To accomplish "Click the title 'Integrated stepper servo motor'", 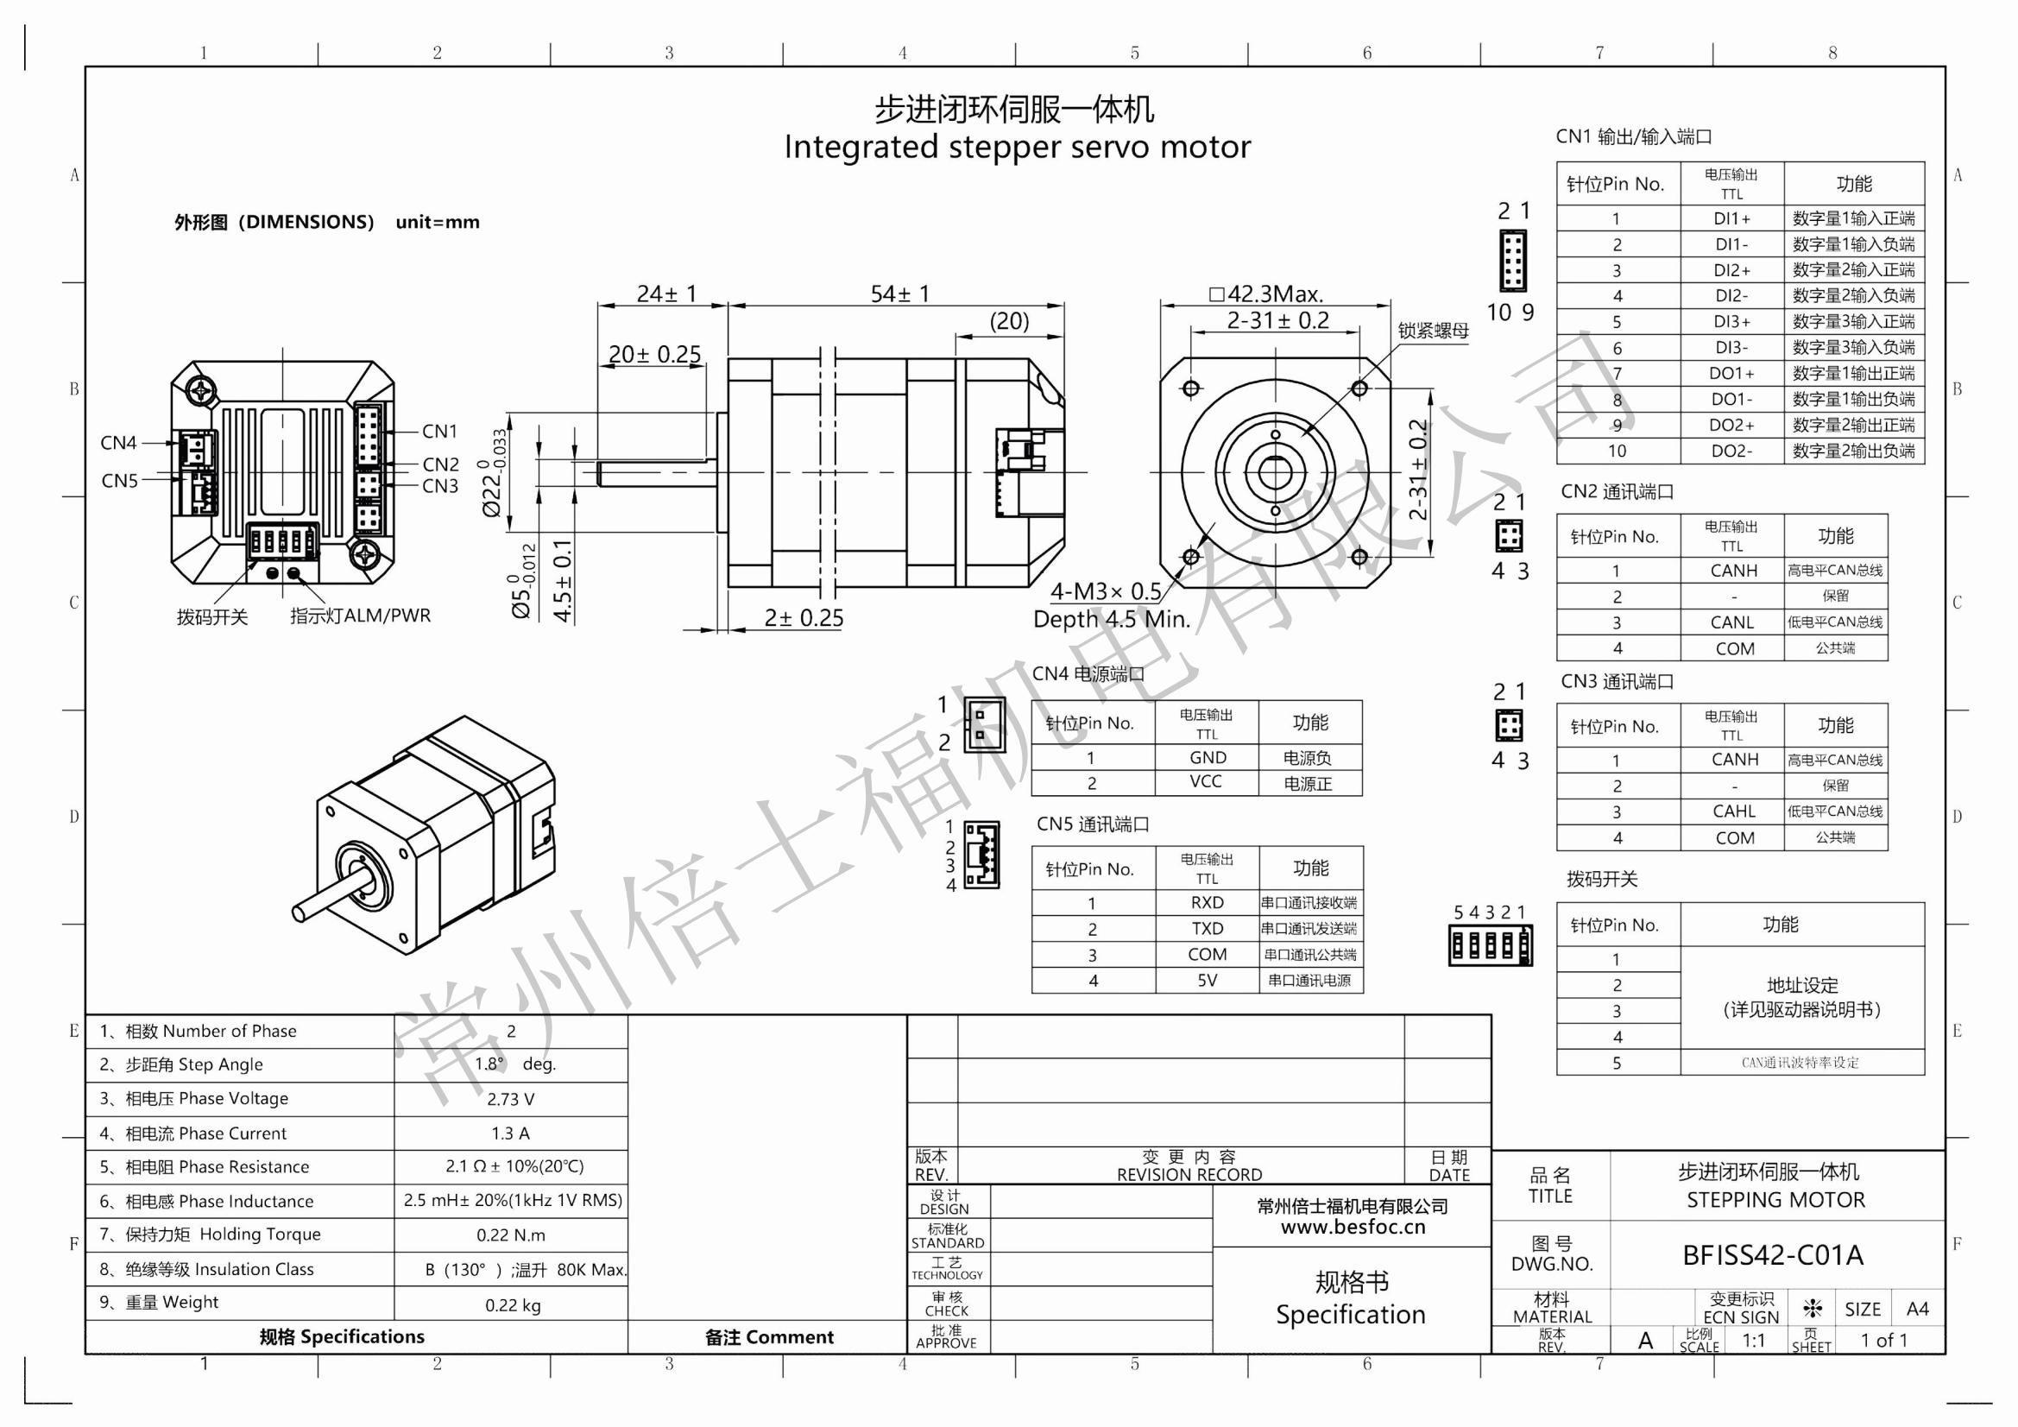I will pyautogui.click(x=1017, y=147).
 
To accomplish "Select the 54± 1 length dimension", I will pyautogui.click(x=899, y=294).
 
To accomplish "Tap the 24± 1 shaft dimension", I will pyautogui.click(x=666, y=294).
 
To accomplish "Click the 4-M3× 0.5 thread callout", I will pyautogui.click(x=1106, y=591).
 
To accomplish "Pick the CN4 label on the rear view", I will pyautogui.click(x=118, y=443).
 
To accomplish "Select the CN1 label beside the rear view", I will pyautogui.click(x=439, y=432).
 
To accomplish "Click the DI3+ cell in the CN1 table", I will pyautogui.click(x=1731, y=322).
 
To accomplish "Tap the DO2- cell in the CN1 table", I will pyautogui.click(x=1731, y=451).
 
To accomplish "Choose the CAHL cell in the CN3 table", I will pyautogui.click(x=1733, y=811).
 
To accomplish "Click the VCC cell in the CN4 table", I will pyautogui.click(x=1206, y=781).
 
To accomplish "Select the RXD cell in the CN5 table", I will pyautogui.click(x=1207, y=903).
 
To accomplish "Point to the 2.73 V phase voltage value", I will pyautogui.click(x=511, y=1099).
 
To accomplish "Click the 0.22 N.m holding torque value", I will pyautogui.click(x=511, y=1235).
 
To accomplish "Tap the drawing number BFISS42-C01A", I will pyautogui.click(x=1773, y=1255).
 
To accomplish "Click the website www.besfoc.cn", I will pyautogui.click(x=1353, y=1228).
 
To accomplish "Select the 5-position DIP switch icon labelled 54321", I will pyautogui.click(x=1490, y=946).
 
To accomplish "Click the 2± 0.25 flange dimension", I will pyautogui.click(x=804, y=618).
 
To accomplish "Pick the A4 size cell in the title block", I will pyautogui.click(x=1917, y=1310).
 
